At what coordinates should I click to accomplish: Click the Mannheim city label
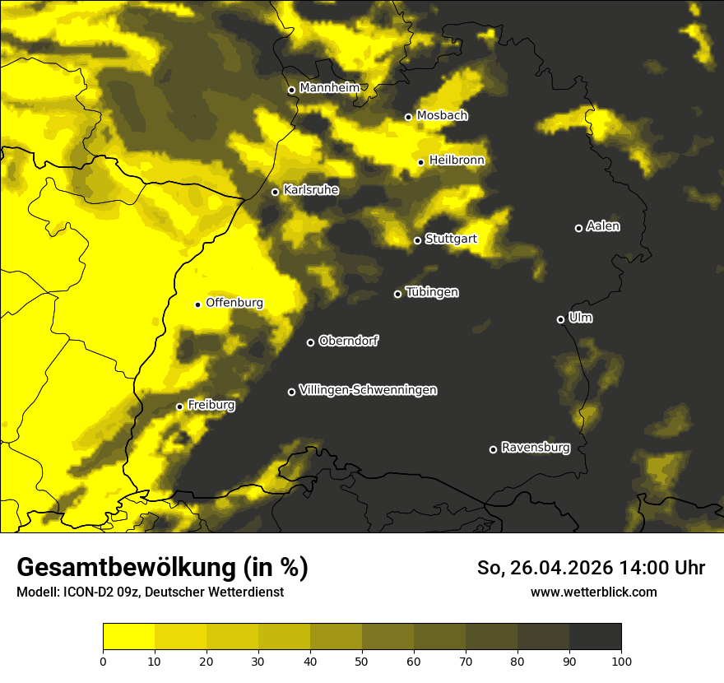pos(330,88)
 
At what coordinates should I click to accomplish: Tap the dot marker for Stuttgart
pos(417,240)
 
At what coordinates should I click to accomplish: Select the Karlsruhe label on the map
pos(310,190)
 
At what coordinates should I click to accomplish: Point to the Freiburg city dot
pos(179,407)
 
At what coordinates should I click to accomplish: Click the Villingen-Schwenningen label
pos(368,390)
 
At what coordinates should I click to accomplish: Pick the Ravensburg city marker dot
pos(493,449)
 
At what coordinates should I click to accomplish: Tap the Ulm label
pos(580,318)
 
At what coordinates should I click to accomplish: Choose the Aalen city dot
pos(578,228)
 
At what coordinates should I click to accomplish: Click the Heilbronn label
pos(457,160)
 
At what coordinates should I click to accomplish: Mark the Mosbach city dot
pos(408,117)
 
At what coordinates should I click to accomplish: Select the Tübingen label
pos(432,292)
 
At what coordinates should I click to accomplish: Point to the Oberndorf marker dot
pos(310,342)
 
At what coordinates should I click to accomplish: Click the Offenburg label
pos(234,303)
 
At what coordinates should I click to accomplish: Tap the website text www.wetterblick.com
pos(593,592)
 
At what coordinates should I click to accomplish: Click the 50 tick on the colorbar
pos(362,660)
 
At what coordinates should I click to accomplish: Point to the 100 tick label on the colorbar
pos(621,660)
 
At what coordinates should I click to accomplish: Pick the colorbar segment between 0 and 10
pos(128,636)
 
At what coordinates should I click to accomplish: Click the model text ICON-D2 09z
pos(95,592)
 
